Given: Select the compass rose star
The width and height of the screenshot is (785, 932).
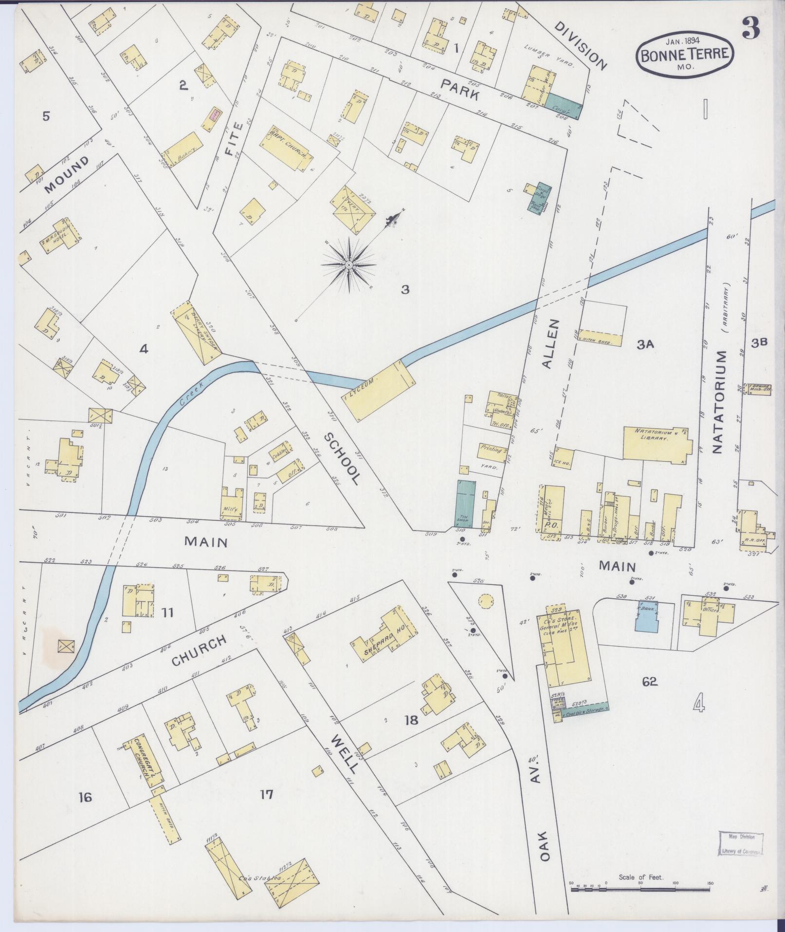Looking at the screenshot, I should point(348,265).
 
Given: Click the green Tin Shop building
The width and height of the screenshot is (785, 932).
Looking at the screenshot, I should point(466,503).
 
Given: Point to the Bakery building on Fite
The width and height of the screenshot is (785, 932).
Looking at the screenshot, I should point(183,150).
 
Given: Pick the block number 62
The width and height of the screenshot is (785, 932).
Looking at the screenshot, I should point(649,681).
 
